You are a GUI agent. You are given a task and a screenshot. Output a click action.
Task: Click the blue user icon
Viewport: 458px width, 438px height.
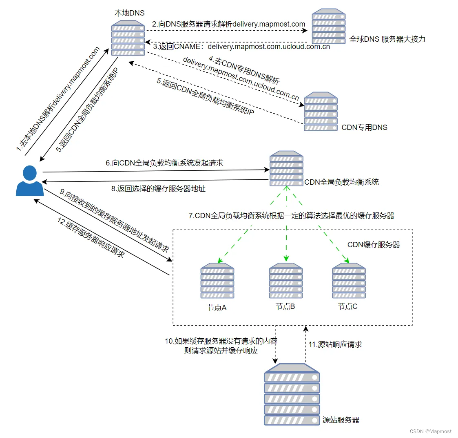30,181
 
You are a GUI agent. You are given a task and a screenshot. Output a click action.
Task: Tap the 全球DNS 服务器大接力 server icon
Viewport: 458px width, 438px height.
328,26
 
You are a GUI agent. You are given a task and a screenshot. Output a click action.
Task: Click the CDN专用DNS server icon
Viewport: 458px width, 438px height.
321,111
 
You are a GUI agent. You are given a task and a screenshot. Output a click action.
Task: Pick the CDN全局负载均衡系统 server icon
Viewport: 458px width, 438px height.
286,169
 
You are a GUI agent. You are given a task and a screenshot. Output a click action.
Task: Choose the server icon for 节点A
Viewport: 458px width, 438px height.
217,281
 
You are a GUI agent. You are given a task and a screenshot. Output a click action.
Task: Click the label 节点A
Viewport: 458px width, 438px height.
217,308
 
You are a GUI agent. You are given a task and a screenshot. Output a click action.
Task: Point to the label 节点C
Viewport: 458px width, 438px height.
347,306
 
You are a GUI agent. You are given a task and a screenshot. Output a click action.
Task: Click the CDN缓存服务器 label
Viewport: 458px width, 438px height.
374,245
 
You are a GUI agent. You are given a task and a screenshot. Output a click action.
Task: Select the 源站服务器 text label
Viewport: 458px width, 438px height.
341,420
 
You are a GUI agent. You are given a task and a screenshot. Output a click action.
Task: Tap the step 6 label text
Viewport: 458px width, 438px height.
164,163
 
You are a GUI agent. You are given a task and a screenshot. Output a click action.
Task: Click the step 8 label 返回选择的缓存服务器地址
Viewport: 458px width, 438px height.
158,189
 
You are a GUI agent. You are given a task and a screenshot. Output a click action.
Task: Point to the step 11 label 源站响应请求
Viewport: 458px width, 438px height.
335,344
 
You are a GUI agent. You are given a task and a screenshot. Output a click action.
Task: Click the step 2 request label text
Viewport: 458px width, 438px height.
228,25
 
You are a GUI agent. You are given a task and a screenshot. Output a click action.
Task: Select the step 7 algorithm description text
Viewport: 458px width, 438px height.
291,216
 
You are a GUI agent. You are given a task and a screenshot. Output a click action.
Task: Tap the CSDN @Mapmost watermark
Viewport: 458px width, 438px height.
431,431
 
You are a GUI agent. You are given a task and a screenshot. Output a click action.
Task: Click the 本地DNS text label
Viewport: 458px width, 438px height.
129,13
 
